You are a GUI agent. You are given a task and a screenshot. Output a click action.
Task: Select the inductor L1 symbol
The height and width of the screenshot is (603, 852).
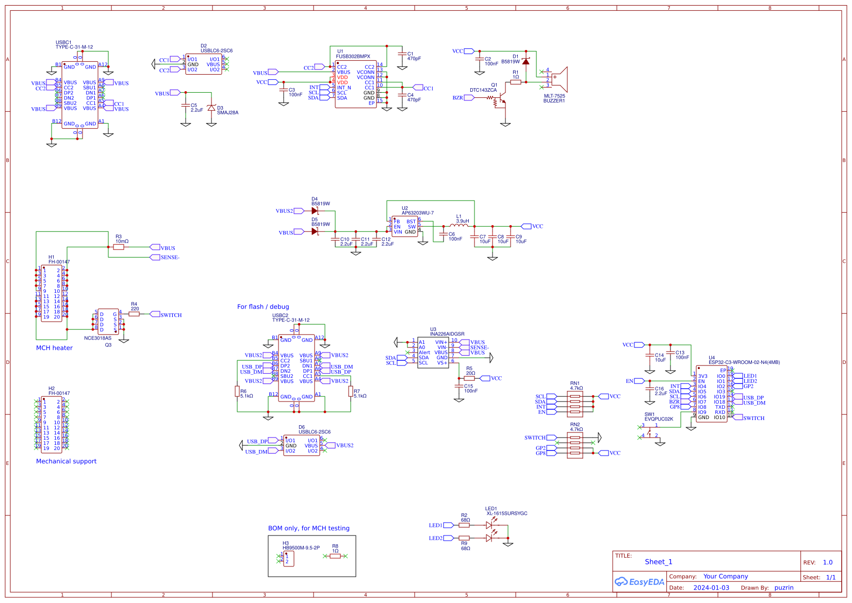(459, 225)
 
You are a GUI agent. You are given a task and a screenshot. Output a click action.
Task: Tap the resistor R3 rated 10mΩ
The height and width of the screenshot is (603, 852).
(119, 247)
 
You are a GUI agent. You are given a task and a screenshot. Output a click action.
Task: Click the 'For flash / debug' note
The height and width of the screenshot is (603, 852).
(263, 307)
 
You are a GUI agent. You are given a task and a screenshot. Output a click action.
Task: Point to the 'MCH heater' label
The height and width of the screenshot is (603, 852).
(54, 348)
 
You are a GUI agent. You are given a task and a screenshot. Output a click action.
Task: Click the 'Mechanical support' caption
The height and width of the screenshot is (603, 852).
(66, 461)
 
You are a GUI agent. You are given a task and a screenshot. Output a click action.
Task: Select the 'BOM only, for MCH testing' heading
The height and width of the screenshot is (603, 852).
(308, 528)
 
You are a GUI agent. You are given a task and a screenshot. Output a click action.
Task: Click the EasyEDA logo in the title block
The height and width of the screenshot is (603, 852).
(639, 582)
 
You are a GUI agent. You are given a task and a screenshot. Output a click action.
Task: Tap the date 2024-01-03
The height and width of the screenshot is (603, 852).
(711, 588)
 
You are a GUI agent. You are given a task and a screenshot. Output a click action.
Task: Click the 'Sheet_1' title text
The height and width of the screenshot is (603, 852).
(659, 562)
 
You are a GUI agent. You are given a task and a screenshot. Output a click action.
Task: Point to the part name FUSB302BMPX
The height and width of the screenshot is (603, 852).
(353, 57)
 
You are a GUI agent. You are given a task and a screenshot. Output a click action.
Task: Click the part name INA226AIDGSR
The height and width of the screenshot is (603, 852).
(447, 334)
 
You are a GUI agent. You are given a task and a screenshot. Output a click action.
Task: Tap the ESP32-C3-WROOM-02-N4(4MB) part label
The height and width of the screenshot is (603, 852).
(744, 362)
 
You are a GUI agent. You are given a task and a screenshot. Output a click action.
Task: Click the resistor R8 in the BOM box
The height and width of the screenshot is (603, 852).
(335, 556)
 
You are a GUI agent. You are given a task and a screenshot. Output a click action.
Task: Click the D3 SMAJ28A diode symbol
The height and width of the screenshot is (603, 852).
(211, 108)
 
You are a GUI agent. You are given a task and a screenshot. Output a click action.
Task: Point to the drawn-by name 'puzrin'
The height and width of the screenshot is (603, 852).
(783, 588)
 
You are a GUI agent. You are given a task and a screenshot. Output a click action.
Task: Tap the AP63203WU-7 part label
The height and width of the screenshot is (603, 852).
(418, 213)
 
